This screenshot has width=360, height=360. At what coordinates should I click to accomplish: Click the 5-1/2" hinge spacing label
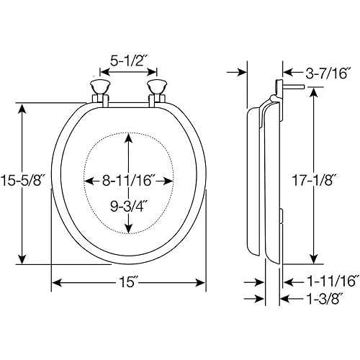coord(128,61)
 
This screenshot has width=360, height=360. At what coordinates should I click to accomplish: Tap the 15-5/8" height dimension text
coord(23,180)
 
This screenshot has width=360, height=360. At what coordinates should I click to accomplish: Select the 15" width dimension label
coord(130,282)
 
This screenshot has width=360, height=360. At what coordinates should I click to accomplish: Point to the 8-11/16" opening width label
coord(128,181)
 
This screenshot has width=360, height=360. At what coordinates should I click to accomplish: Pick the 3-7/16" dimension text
coord(328,73)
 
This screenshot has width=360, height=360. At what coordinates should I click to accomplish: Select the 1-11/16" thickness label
coord(334,282)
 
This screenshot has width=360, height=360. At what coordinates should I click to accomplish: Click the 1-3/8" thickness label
coord(325,299)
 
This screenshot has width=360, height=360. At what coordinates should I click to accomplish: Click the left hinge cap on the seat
coord(100,87)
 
